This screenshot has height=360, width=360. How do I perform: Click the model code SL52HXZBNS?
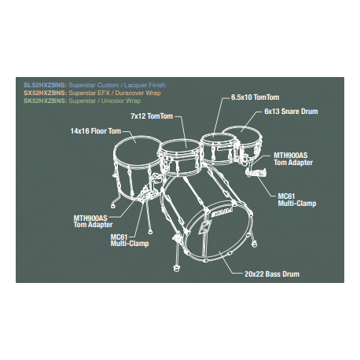click(x=45, y=85)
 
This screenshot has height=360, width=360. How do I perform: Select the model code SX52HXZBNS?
click(x=46, y=93)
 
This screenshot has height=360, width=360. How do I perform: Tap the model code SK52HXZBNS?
click(x=46, y=101)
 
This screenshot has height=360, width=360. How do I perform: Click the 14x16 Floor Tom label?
click(x=96, y=131)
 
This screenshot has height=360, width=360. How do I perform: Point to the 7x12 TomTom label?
click(x=152, y=116)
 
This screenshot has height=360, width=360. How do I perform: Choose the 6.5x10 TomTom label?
click(x=255, y=97)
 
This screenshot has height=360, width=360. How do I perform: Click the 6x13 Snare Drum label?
click(x=291, y=112)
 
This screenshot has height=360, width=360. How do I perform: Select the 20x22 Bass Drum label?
click(x=272, y=274)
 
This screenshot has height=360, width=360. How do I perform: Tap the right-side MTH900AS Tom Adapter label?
click(x=293, y=159)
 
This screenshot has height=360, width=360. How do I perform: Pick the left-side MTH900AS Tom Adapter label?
click(x=93, y=222)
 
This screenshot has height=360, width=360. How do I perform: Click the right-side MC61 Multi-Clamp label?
click(x=297, y=200)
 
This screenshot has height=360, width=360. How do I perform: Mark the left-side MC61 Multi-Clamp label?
click(x=130, y=241)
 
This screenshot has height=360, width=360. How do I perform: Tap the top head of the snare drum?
click(x=242, y=133)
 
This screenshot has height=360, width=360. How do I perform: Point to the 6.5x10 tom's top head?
click(x=219, y=140)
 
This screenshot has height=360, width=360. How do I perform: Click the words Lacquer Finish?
click(x=145, y=85)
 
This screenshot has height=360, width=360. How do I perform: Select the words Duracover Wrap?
click(x=138, y=93)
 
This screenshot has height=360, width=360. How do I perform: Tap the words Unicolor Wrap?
click(x=121, y=101)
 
